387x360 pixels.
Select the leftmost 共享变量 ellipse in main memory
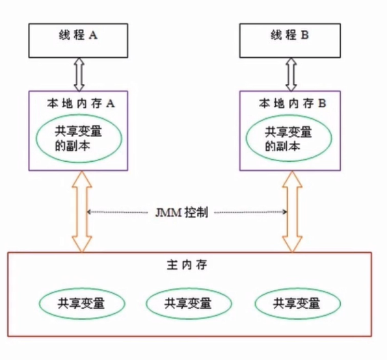coord(81,303)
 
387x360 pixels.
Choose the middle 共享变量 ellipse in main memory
coord(189,303)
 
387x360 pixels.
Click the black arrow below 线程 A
coord(79,74)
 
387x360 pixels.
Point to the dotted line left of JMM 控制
coord(121,212)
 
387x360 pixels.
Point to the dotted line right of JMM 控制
coord(250,212)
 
